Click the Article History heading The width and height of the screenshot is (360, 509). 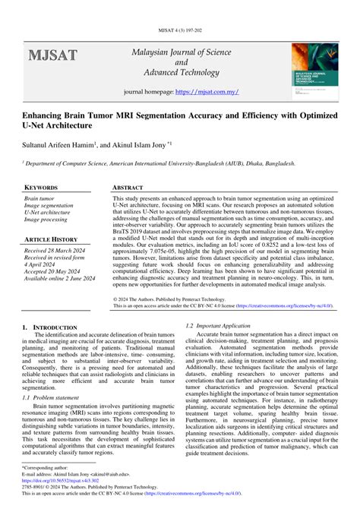[x=52, y=239]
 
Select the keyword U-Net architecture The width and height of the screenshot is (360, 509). [x=47, y=213]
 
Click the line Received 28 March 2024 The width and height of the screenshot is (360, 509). [x=55, y=251]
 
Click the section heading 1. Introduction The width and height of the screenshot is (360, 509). [x=49, y=326]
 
